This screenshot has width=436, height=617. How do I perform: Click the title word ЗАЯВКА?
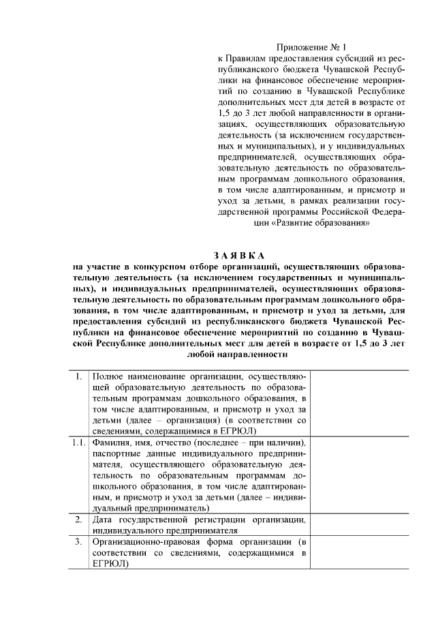click(x=242, y=255)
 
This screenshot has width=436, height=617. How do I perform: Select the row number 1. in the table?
click(x=80, y=376)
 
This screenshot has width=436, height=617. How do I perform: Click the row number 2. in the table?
click(x=80, y=519)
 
